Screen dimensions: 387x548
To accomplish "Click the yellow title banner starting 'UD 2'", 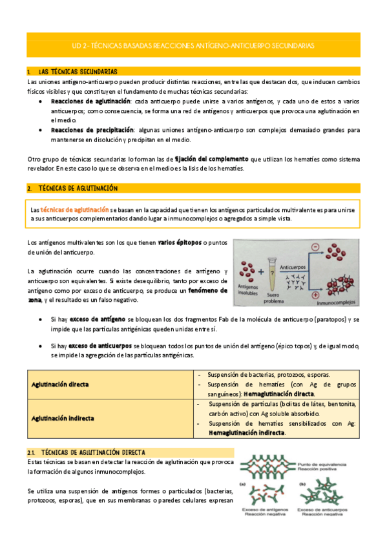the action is point(193,46).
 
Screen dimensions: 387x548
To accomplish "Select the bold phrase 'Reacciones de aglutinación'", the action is point(90,101).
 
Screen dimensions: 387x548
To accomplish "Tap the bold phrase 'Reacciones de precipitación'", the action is point(92,130).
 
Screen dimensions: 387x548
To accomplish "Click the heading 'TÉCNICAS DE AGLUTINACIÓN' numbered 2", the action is point(79,188).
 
